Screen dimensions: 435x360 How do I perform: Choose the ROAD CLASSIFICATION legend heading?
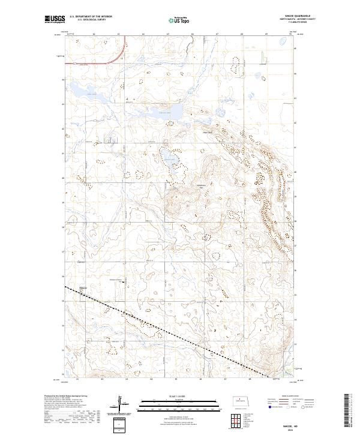tap(285, 397)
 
